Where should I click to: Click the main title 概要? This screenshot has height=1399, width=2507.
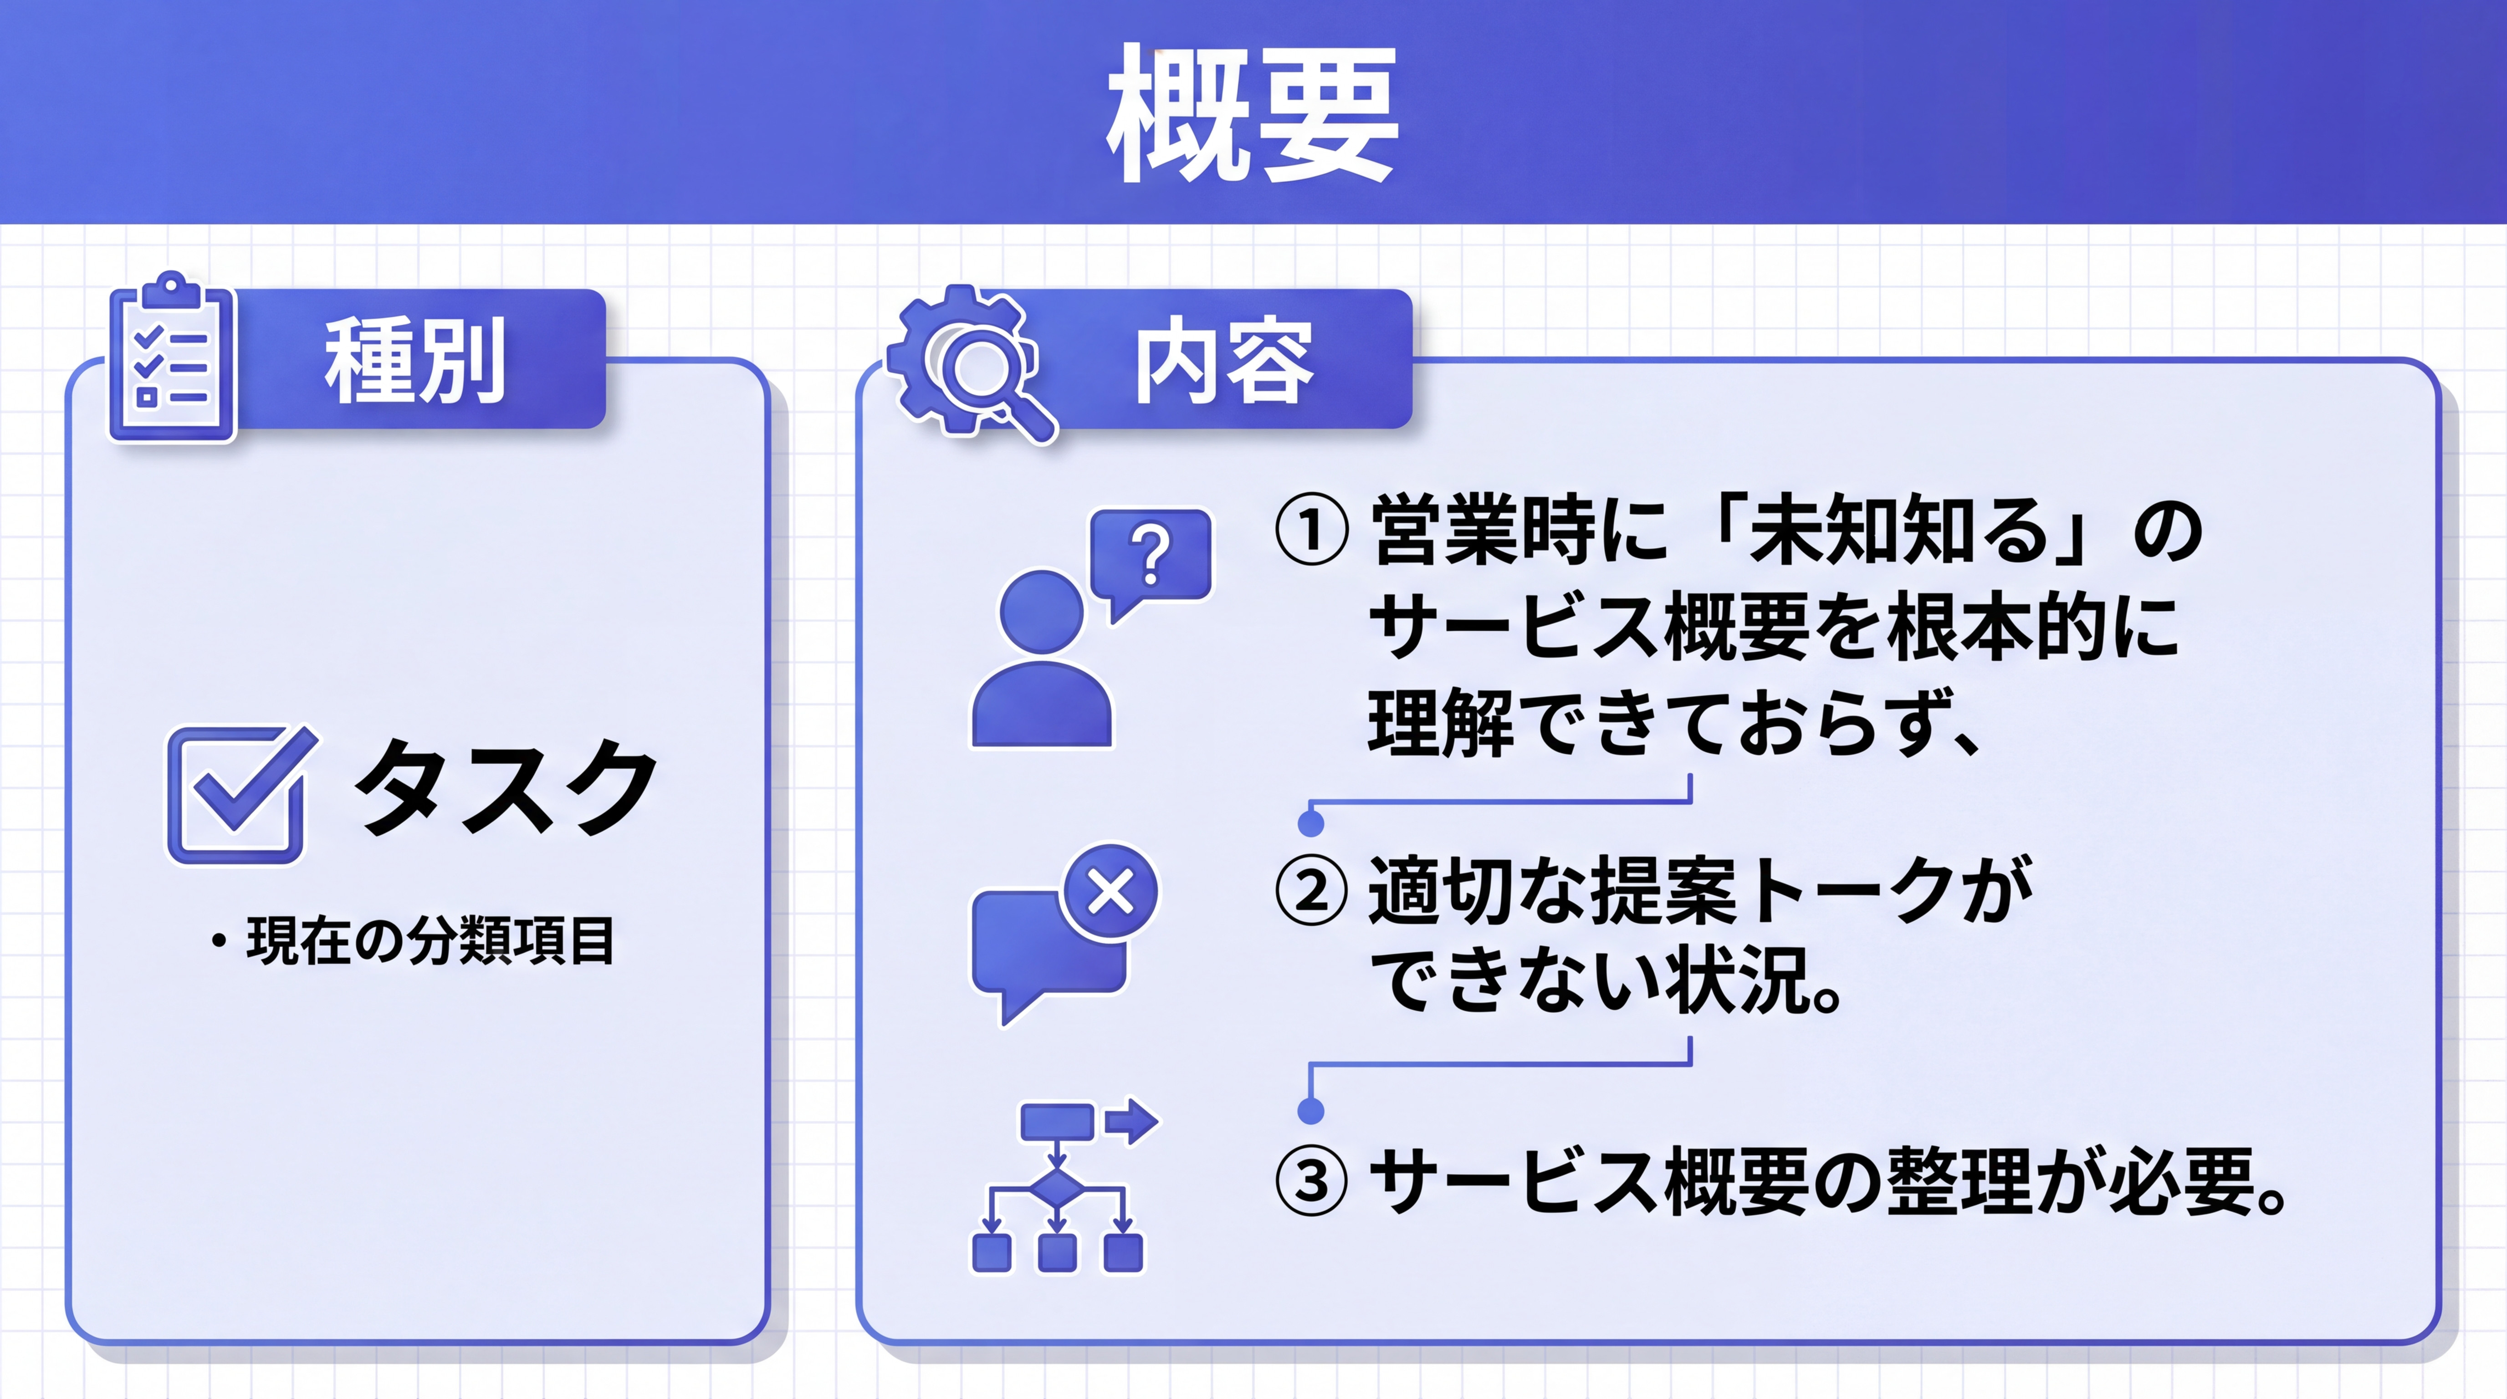click(1253, 114)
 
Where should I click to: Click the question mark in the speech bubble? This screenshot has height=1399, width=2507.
click(1151, 555)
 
